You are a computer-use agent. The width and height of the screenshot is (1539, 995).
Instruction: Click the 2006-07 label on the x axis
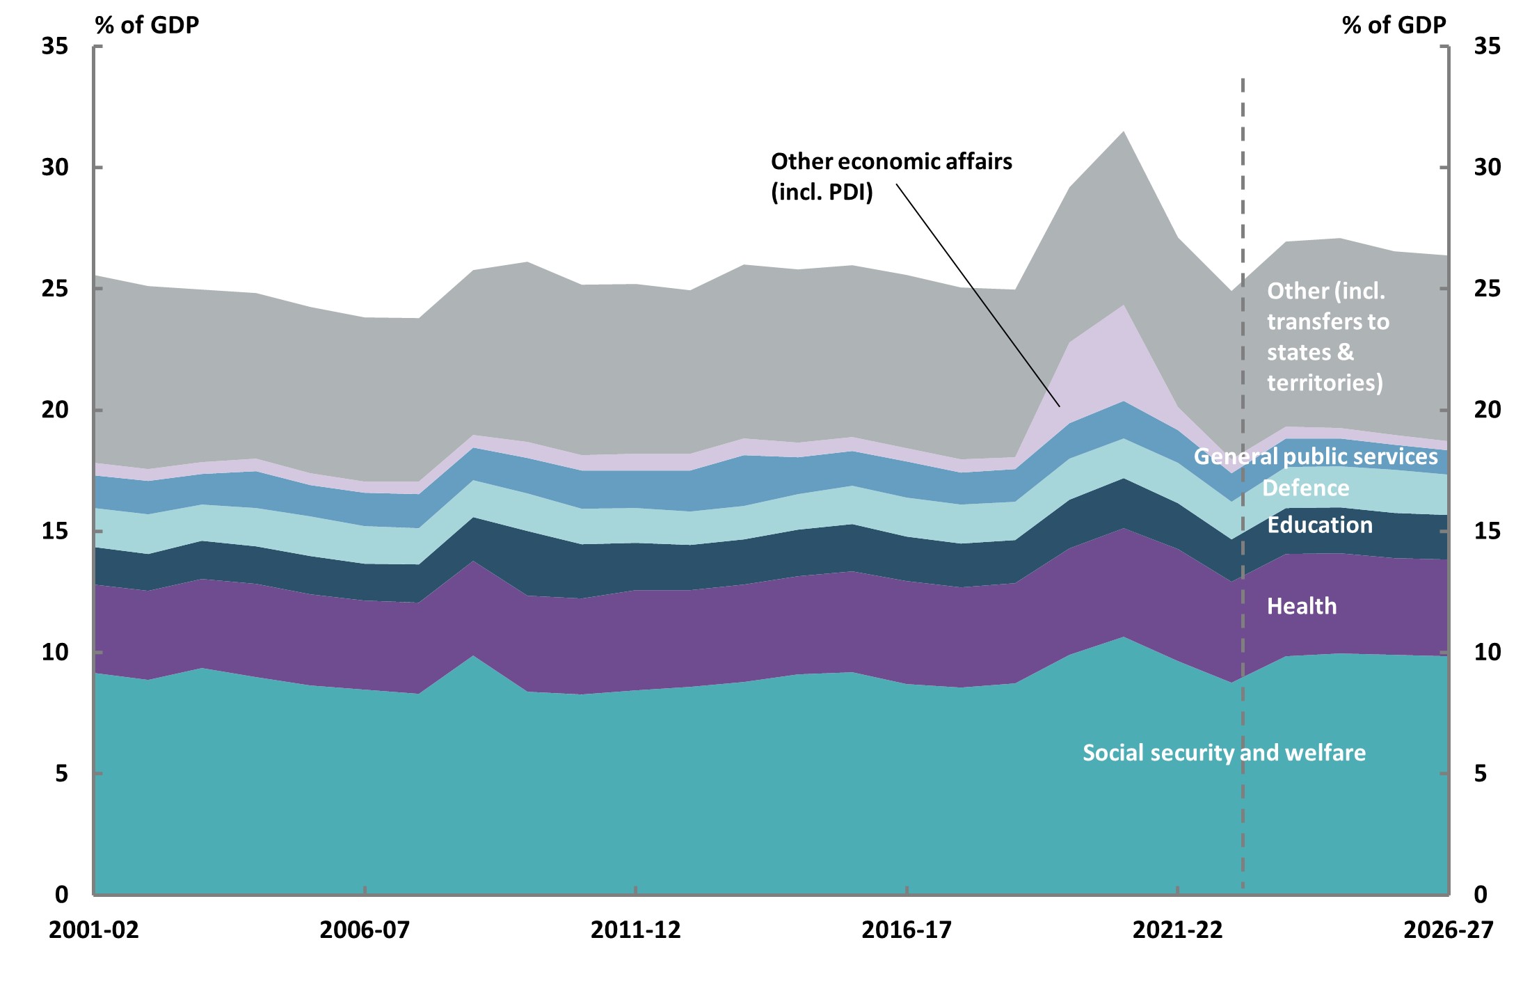tap(365, 930)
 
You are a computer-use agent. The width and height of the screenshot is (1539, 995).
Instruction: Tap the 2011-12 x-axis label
tap(635, 930)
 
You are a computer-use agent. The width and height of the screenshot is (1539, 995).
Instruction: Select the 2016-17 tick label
tap(907, 930)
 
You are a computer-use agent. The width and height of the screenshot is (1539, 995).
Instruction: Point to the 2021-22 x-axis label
tap(1177, 930)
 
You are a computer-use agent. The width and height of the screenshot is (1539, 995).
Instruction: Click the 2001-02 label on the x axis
tap(94, 930)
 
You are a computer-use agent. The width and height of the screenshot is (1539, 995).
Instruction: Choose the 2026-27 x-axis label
tap(1448, 930)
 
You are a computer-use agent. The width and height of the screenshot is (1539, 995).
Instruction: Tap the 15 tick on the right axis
tap(1487, 532)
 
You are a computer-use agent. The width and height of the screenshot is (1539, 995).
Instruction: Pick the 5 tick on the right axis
tap(1481, 774)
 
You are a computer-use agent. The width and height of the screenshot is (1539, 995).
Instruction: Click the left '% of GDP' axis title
tap(147, 25)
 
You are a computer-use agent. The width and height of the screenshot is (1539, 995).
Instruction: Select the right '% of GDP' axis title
tap(1394, 25)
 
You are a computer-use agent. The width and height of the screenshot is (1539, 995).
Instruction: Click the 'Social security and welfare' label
tap(1224, 753)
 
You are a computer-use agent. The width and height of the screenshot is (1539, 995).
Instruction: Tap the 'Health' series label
tap(1302, 606)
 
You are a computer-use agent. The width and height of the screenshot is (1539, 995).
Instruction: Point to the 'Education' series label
tap(1320, 525)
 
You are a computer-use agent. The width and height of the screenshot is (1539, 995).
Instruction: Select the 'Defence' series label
tap(1306, 488)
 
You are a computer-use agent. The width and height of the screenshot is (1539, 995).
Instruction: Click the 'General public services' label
tap(1316, 456)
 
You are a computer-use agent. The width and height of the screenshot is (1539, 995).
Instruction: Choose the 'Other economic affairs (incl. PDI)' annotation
tap(891, 176)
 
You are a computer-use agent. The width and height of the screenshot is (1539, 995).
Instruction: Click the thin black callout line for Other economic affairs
tap(978, 295)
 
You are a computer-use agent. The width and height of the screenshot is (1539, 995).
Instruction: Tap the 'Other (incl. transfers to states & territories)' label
tap(1327, 337)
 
